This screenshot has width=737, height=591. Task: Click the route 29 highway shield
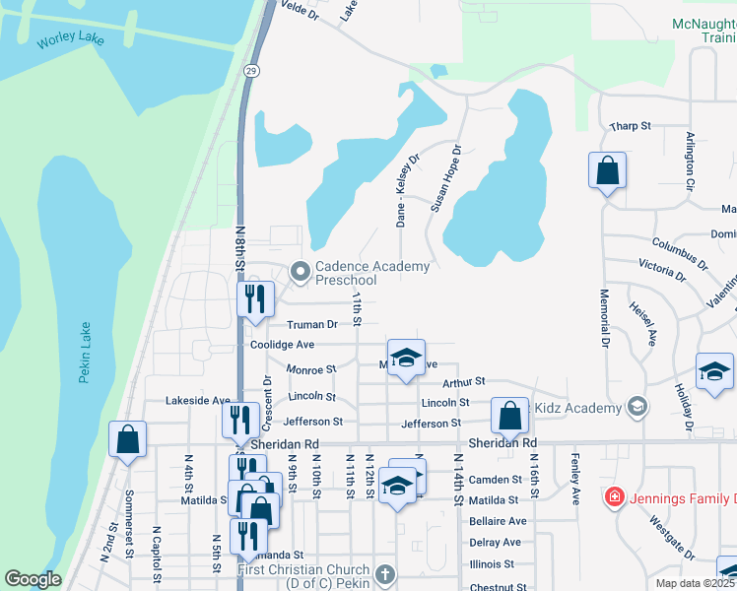(252, 72)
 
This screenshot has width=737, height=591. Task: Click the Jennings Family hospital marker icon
(616, 494)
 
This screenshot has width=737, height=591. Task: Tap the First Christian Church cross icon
(385, 572)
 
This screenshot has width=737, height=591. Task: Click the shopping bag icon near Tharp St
(607, 170)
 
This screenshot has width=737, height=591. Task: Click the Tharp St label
(631, 127)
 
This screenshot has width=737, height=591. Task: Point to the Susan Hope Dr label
(446, 180)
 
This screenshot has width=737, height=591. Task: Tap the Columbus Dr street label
(679, 253)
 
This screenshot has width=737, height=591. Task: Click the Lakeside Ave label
(197, 401)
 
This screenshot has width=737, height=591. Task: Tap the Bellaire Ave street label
(498, 521)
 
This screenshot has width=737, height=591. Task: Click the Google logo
(33, 579)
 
